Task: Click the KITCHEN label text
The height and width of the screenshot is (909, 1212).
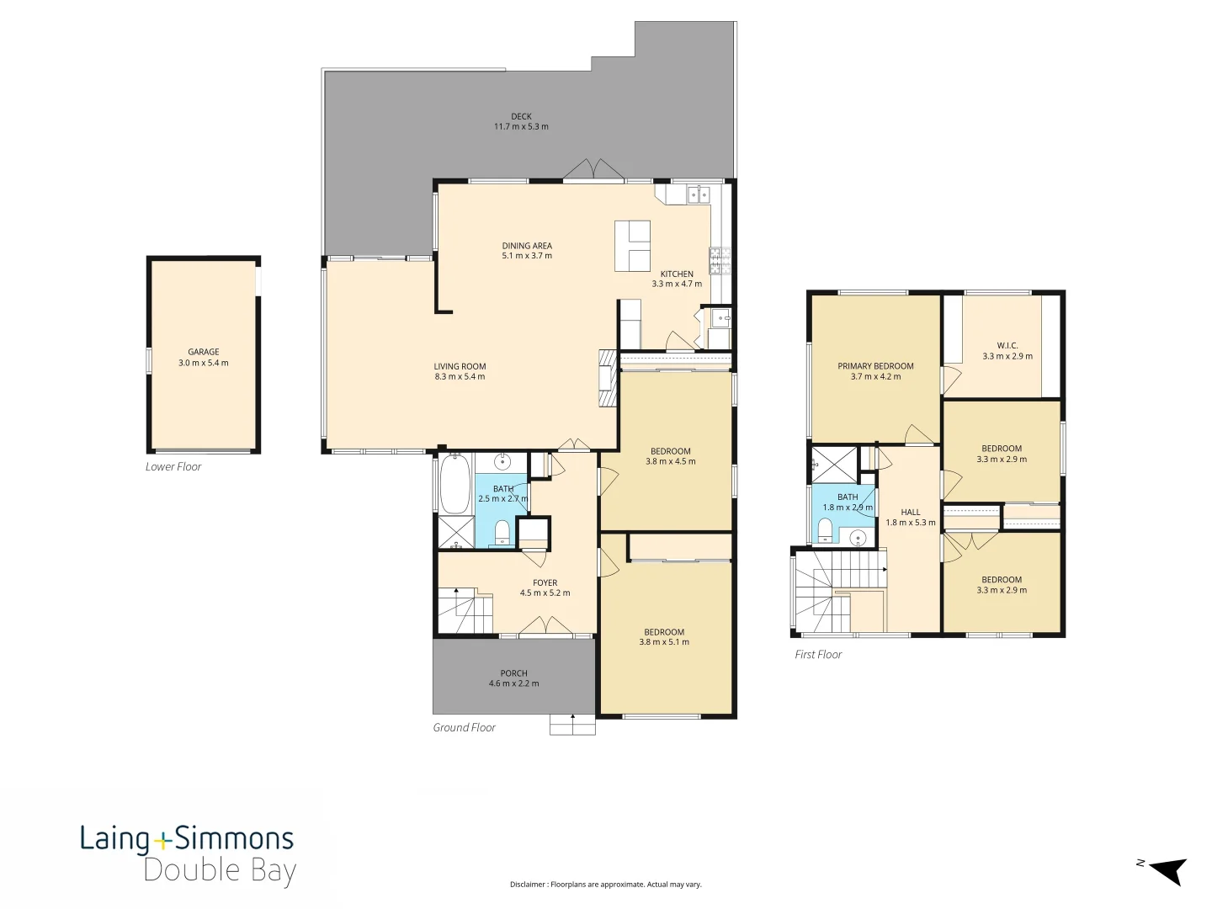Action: pyautogui.click(x=677, y=274)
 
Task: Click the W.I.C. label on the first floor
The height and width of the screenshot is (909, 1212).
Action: pyautogui.click(x=1007, y=346)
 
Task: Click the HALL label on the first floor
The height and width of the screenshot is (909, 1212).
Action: pyautogui.click(x=911, y=512)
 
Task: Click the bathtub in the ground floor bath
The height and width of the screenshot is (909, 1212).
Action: pyautogui.click(x=454, y=484)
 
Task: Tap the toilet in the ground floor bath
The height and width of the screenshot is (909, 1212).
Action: pyautogui.click(x=501, y=532)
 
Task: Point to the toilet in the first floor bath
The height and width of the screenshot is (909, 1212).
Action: pyautogui.click(x=825, y=529)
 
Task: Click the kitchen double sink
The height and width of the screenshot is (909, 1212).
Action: pyautogui.click(x=698, y=194)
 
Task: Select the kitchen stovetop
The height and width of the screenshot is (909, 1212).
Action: pyautogui.click(x=720, y=260)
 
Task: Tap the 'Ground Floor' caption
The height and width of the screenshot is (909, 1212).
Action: pyautogui.click(x=464, y=727)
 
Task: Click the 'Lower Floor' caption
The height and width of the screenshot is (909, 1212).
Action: pyautogui.click(x=173, y=466)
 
